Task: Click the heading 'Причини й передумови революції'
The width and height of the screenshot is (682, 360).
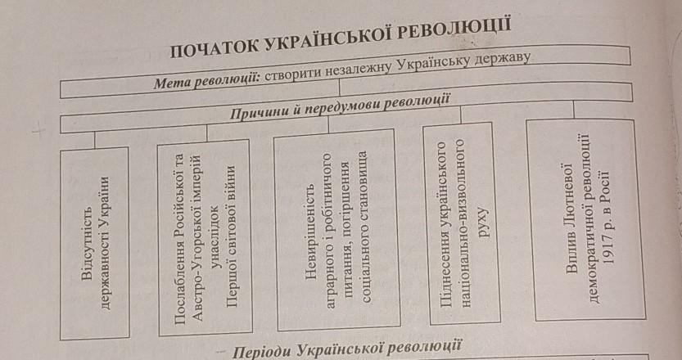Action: (x=339, y=106)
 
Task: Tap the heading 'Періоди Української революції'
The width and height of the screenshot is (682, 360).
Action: (x=346, y=349)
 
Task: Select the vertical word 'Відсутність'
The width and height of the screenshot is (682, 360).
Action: (x=88, y=243)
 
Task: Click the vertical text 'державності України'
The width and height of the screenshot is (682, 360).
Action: (x=105, y=243)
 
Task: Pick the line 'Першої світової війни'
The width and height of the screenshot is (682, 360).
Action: (x=232, y=236)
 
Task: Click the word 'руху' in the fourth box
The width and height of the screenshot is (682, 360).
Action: (x=484, y=223)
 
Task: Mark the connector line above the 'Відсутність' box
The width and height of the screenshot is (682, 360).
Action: (x=94, y=140)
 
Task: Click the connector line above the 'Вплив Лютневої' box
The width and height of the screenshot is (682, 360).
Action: (x=573, y=110)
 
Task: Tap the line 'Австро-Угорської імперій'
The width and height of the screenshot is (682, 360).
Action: (x=197, y=238)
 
